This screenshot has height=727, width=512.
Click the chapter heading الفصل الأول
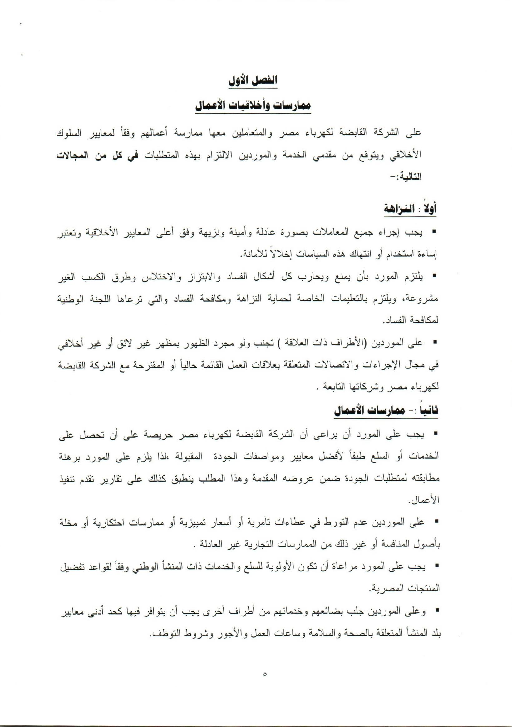pos(253,81)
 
